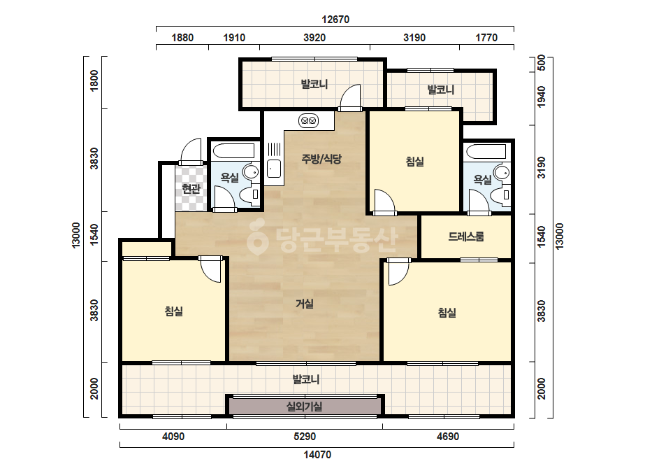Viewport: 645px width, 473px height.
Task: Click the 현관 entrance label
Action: click(x=191, y=189)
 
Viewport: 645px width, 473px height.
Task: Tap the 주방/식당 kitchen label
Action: click(x=321, y=159)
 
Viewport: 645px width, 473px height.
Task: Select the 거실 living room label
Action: click(x=305, y=304)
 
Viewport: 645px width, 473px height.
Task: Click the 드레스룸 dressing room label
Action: click(x=466, y=236)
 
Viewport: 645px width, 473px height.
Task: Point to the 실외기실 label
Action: click(x=305, y=407)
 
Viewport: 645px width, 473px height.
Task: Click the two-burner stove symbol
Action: click(x=308, y=121)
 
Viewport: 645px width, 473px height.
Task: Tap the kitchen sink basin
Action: click(x=274, y=168)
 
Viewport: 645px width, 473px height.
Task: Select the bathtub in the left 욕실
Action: click(x=233, y=150)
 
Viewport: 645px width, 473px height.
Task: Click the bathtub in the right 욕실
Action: click(x=486, y=151)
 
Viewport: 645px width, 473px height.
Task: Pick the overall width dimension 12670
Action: click(x=335, y=20)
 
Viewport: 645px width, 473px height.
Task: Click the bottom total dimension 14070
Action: click(x=317, y=455)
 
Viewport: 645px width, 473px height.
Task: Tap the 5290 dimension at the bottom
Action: click(x=305, y=437)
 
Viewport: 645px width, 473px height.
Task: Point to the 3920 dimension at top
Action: click(x=314, y=38)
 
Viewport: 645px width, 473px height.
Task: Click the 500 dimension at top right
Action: click(x=542, y=63)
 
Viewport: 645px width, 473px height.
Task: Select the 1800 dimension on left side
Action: click(x=94, y=80)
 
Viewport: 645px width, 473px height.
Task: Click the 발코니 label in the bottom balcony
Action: click(x=306, y=379)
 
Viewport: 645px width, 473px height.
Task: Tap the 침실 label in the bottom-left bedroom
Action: click(x=173, y=311)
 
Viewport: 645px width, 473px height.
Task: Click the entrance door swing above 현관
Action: click(x=191, y=150)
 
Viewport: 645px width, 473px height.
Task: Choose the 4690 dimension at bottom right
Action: click(x=448, y=437)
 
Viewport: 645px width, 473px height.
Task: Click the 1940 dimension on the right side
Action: click(x=542, y=97)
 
